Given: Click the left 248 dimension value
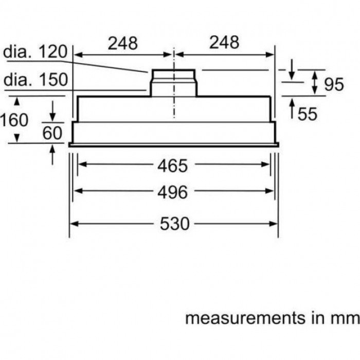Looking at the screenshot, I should click(122, 43).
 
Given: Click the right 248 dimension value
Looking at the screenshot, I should click(224, 43).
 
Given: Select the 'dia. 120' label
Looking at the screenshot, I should click(35, 52).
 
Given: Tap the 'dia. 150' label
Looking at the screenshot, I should click(35, 80).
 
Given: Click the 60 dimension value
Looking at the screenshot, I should click(52, 133).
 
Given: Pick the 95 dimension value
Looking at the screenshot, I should click(334, 84).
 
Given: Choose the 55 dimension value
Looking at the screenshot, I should click(308, 113).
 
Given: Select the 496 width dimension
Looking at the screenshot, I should click(173, 192).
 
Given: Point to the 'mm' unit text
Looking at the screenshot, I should click(345, 318).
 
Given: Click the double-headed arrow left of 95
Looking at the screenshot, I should click(315, 83).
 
